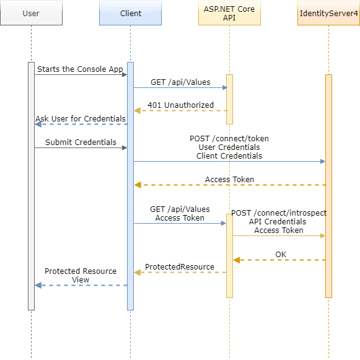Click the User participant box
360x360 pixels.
31,13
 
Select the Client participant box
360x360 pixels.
130,13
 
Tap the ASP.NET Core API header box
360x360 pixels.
229,13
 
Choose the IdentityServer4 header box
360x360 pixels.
328,13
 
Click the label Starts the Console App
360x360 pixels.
80,69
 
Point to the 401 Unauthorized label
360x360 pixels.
180,105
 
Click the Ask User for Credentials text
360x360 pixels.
81,119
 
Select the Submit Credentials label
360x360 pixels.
81,143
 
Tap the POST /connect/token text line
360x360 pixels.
229,139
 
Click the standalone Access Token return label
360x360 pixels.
229,180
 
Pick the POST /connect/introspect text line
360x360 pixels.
279,213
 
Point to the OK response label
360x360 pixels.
281,254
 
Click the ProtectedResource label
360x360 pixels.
180,267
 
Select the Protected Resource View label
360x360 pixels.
81,276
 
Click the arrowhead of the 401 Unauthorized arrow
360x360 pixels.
137,111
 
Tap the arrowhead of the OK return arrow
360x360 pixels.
236,260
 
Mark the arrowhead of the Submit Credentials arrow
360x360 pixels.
124,148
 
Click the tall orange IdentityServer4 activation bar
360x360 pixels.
328,186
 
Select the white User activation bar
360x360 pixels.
31,186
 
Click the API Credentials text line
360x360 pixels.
278,222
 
